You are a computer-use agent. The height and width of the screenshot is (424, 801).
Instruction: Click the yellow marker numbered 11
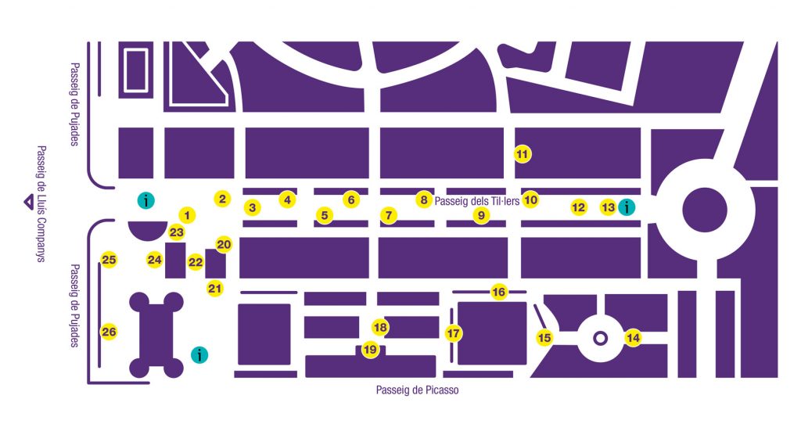pos(523,154)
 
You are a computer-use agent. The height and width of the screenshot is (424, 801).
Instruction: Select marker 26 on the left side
pos(109,332)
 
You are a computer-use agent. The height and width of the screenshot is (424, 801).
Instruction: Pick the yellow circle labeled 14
pos(633,338)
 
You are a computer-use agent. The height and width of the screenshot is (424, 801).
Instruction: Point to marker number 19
pos(370,349)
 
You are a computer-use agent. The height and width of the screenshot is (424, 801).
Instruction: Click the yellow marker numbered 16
pos(499,293)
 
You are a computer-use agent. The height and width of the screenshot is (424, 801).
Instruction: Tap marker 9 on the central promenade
pos(481,215)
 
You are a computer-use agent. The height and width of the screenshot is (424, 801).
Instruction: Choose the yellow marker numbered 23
pos(177,232)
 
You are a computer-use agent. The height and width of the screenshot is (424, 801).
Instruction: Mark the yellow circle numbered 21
pos(215,289)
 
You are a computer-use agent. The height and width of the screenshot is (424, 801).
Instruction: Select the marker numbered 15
pos(544,338)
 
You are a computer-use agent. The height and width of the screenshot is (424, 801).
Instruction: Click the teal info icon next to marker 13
pos(626,207)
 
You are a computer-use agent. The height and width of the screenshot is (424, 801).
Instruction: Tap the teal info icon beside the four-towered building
pos(200,354)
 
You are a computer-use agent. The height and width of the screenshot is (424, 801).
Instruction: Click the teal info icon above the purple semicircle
pos(145,200)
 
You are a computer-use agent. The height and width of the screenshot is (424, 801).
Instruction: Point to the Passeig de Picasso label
pos(417,390)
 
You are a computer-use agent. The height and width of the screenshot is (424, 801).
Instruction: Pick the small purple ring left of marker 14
pos(600,338)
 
